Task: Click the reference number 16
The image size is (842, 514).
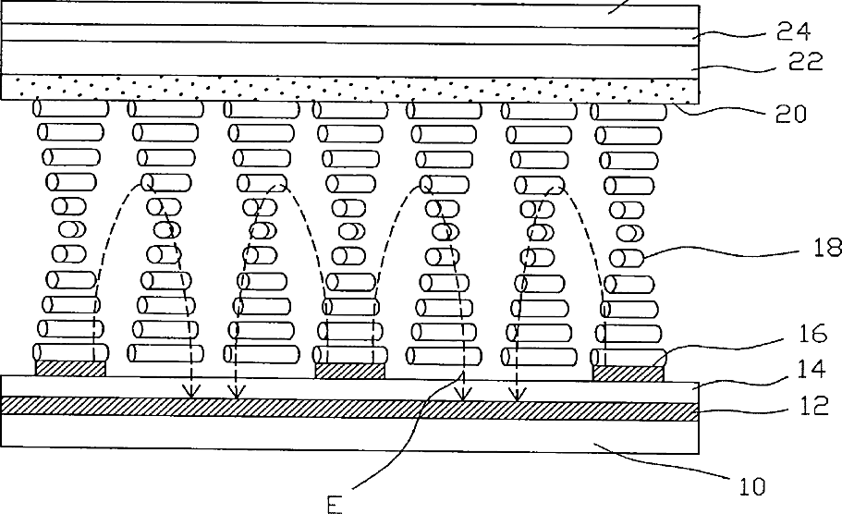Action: pos(817,334)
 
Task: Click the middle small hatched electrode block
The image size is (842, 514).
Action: pos(349,370)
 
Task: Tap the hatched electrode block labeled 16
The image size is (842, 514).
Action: pos(628,372)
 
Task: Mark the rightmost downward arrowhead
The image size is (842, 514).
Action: pos(519,395)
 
